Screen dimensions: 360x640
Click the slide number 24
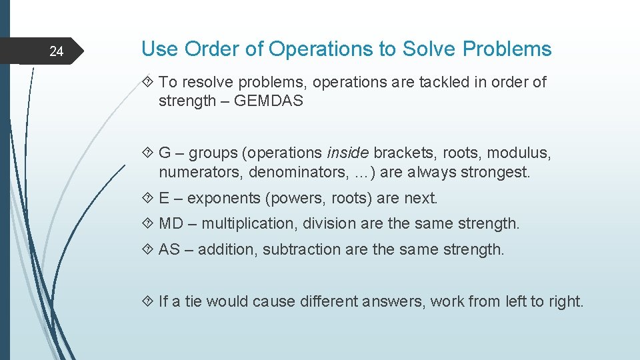[x=57, y=51]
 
